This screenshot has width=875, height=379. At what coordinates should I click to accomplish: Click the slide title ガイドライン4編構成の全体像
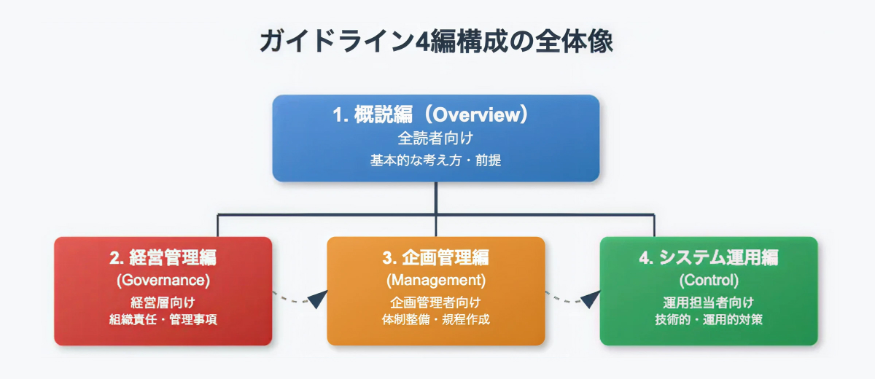[436, 41]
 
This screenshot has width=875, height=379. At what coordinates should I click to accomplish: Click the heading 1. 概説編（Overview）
[431, 114]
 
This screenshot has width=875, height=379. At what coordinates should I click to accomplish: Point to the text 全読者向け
[435, 138]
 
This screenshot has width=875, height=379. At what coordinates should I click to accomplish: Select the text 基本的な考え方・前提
[435, 160]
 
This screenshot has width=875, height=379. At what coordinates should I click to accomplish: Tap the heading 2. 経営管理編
[163, 257]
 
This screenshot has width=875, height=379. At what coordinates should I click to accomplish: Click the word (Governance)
[163, 281]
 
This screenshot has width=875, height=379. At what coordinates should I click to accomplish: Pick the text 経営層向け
[163, 302]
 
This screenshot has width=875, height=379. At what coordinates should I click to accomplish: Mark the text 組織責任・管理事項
[163, 320]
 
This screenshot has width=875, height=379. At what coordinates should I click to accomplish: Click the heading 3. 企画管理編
[435, 257]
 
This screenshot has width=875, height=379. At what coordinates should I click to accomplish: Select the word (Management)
[435, 281]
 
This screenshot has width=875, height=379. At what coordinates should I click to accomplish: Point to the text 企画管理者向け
[435, 302]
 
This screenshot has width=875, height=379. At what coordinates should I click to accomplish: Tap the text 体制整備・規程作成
[435, 320]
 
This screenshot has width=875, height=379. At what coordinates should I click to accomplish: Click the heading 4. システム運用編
[709, 257]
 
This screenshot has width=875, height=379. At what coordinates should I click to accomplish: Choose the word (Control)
[709, 281]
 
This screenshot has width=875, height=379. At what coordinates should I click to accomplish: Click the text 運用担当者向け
[709, 302]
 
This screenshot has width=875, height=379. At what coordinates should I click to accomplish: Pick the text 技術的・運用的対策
[709, 320]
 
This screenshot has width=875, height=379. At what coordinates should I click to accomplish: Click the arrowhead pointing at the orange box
[319, 299]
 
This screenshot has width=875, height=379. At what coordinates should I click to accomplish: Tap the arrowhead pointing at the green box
[591, 299]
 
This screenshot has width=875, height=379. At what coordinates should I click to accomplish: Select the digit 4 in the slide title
[422, 42]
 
